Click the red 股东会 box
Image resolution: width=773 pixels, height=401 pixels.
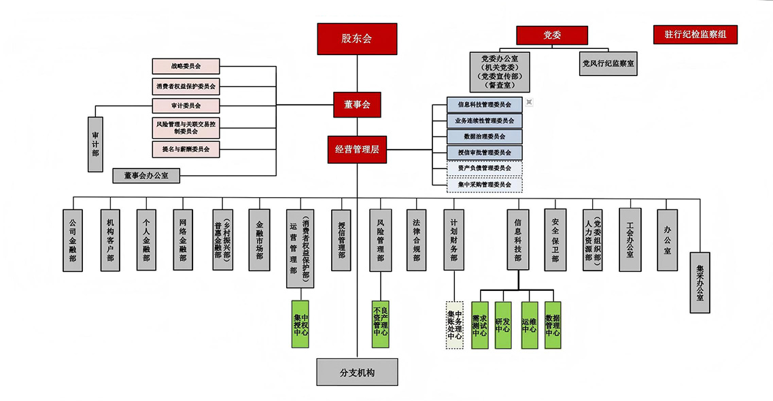[357, 39]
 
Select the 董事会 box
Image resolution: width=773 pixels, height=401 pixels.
[357, 105]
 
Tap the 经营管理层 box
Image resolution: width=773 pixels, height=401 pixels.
[357, 150]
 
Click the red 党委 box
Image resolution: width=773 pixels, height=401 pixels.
[551, 35]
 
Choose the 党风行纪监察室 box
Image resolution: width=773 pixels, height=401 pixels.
[608, 64]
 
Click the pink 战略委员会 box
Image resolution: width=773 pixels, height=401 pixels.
[186, 67]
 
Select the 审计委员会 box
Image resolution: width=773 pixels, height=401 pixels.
[186, 106]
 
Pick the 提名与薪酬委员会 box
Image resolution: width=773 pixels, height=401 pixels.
[186, 148]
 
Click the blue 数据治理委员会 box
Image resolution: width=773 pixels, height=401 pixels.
[485, 137]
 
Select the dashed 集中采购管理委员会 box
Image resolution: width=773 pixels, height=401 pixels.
[485, 184]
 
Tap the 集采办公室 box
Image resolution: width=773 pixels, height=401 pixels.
[700, 283]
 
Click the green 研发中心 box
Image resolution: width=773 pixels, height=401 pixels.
[502, 325]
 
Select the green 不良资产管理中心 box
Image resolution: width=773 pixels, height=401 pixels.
[381, 324]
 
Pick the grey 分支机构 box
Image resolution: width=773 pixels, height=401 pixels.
[357, 372]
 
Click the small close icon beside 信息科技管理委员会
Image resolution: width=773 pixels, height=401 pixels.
[529, 102]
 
